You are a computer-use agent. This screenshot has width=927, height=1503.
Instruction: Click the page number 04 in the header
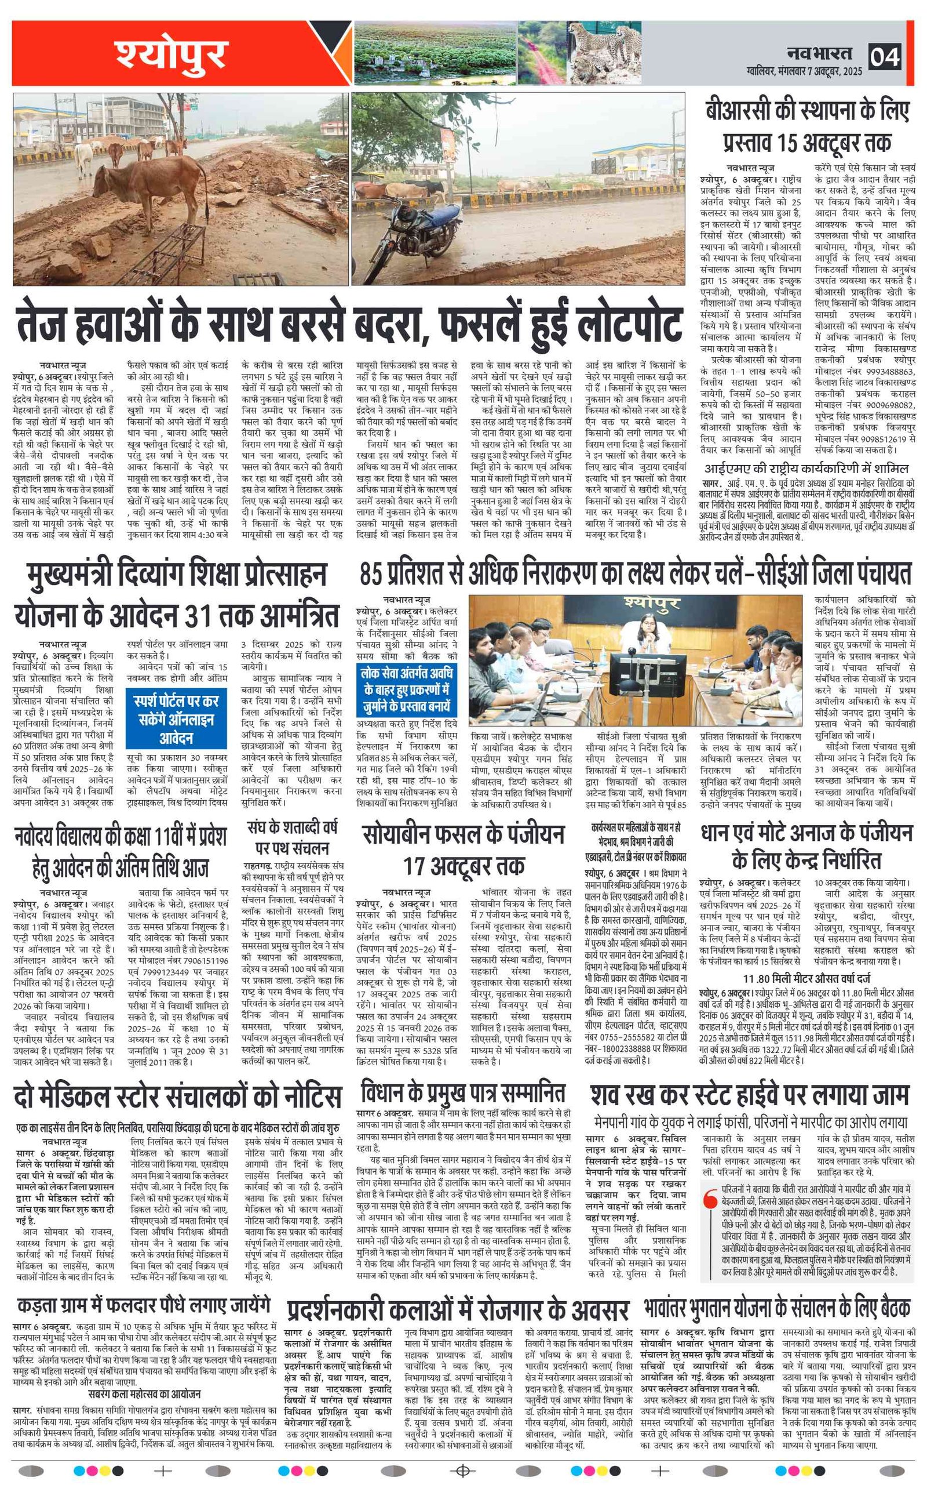point(884,56)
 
